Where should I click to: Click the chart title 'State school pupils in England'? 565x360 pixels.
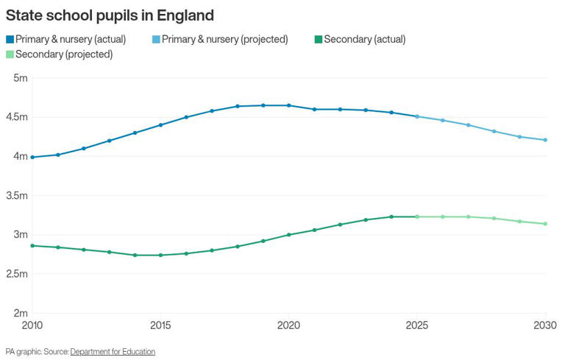tap(110, 14)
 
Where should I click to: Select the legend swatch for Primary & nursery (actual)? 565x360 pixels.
tap(10, 39)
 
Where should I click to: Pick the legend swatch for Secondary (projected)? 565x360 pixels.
tap(10, 54)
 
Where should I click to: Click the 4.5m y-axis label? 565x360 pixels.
tap(16, 117)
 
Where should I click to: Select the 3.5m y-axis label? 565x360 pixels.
tap(16, 196)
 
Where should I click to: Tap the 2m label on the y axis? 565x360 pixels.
tap(20, 314)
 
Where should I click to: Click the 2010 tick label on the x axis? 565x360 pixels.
tap(32, 325)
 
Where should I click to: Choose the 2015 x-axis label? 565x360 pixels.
tap(160, 325)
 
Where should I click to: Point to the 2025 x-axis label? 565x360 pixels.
tap(417, 325)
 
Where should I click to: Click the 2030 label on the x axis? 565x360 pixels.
tap(544, 325)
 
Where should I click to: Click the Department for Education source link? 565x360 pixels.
tap(113, 352)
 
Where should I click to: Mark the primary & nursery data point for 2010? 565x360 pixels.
tap(32, 157)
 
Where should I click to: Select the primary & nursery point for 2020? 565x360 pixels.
tap(288, 105)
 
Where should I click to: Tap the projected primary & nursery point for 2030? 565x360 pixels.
tap(545, 140)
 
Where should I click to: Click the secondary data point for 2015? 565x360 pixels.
tap(160, 255)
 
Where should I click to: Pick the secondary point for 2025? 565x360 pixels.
tap(417, 216)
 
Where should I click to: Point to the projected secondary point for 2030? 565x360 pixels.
tap(545, 224)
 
